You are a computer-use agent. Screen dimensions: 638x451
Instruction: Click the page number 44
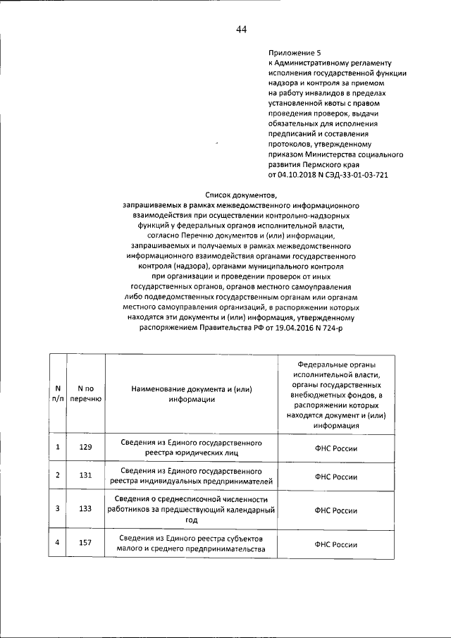(241, 29)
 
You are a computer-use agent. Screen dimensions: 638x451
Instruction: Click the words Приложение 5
(295, 53)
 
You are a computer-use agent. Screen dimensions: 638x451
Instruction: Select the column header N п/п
(57, 394)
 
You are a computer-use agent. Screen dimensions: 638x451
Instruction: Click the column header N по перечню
(85, 394)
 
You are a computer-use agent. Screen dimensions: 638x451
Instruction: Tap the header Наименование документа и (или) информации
(191, 394)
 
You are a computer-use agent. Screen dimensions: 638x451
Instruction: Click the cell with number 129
(85, 447)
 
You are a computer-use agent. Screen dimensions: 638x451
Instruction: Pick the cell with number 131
(85, 477)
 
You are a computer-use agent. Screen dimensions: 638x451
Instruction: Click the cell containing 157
(85, 544)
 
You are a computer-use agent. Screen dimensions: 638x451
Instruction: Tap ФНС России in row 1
(336, 447)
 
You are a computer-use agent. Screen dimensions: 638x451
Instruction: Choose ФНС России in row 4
(336, 544)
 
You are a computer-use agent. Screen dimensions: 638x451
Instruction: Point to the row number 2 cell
(57, 477)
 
